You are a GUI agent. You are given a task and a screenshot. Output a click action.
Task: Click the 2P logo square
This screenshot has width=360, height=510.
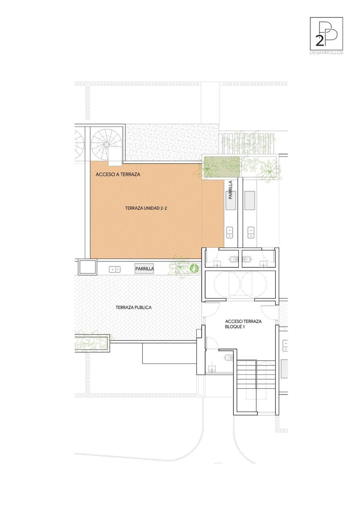(326, 34)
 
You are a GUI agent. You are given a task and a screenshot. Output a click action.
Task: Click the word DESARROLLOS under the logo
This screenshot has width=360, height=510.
(326, 53)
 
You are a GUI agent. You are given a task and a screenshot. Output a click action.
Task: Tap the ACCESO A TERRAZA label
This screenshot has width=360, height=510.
(118, 175)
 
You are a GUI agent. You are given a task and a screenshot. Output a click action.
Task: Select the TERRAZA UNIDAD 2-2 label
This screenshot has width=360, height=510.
(146, 208)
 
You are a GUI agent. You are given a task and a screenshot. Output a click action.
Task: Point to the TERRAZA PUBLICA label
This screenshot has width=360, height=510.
(133, 307)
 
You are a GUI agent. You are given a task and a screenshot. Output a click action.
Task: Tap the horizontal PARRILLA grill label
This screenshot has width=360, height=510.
(145, 269)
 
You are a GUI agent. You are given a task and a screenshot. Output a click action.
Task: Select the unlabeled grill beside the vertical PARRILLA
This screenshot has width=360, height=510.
(249, 200)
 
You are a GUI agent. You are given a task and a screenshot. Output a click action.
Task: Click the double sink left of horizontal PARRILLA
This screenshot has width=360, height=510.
(115, 269)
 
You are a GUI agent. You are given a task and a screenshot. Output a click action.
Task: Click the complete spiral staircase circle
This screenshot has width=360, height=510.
(106, 144)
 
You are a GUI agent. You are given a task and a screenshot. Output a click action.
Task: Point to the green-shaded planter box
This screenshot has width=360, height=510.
(221, 167)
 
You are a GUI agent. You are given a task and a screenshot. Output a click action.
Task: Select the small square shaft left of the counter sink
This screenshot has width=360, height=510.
(88, 267)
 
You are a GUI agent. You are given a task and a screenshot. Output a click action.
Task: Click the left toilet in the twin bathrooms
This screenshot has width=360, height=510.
(234, 259)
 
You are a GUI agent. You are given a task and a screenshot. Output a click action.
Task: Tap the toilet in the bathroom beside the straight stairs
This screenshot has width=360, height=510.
(228, 358)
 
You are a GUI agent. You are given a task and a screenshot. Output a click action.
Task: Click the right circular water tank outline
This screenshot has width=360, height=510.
(254, 284)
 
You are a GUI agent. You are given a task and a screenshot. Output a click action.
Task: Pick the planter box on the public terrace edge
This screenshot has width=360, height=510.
(92, 343)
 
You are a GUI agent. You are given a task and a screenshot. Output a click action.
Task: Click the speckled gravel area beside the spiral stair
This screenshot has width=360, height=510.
(171, 143)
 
